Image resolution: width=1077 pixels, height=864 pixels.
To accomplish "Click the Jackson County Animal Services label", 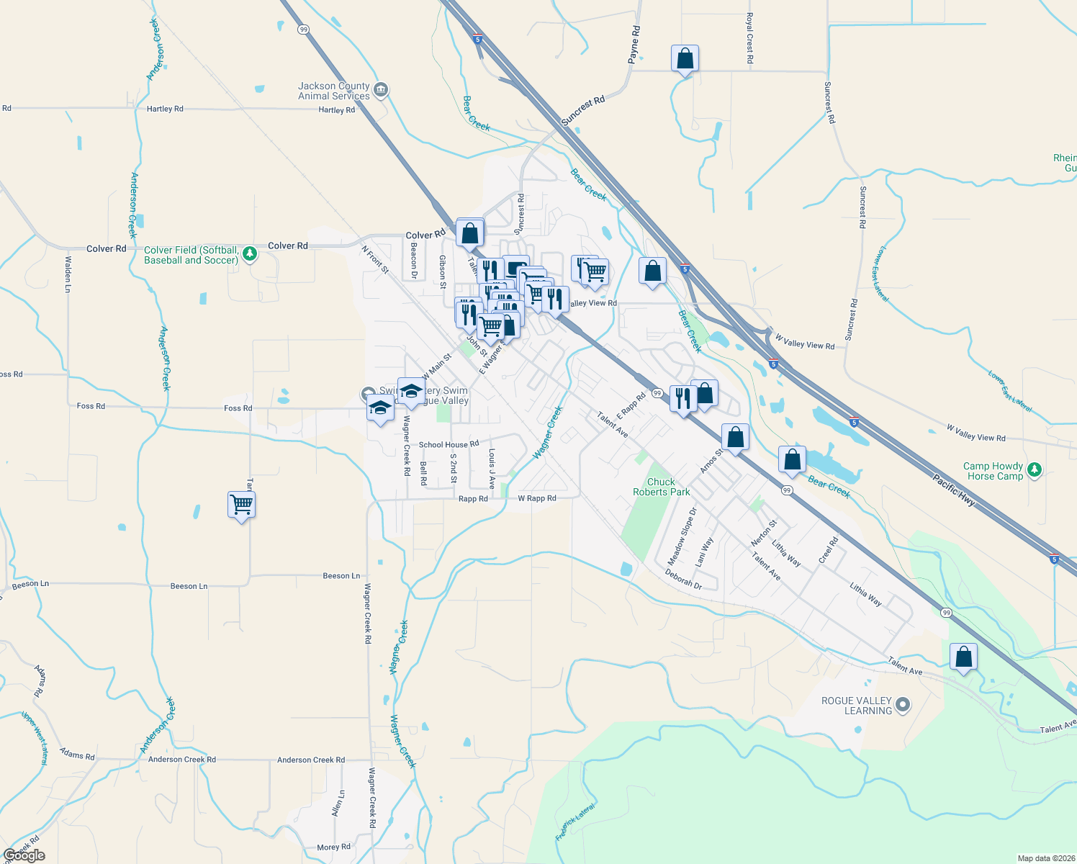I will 334,91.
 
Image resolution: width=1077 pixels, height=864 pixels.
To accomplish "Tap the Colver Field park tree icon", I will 250,253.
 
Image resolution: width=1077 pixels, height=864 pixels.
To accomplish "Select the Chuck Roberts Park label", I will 661,487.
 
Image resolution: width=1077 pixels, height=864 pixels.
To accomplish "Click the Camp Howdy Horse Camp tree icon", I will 1035,470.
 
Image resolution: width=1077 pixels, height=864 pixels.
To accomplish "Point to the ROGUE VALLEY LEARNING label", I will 857,706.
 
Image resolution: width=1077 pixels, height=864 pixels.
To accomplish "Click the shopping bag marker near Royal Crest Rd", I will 685,58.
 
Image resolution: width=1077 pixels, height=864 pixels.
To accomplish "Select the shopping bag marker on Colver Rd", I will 469,233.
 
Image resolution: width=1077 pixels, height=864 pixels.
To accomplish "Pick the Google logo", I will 24,855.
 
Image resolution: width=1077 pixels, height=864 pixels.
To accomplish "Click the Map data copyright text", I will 1046,858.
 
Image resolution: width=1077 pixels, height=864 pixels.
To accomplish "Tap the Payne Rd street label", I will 634,45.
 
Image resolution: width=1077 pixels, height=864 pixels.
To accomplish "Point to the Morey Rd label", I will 333,847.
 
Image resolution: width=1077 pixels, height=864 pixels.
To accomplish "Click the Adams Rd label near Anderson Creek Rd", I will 77,755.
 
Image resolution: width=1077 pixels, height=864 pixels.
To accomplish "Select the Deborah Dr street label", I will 683,580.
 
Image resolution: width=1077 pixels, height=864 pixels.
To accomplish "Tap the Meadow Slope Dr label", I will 682,536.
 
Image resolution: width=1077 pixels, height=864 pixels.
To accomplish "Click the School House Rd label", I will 449,445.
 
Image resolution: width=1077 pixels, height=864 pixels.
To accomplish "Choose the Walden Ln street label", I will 68,274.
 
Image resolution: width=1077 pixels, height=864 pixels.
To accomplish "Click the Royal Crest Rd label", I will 749,38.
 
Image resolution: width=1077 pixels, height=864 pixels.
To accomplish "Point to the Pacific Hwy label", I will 954,490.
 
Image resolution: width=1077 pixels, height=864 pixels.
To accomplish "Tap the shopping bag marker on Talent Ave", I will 963,657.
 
